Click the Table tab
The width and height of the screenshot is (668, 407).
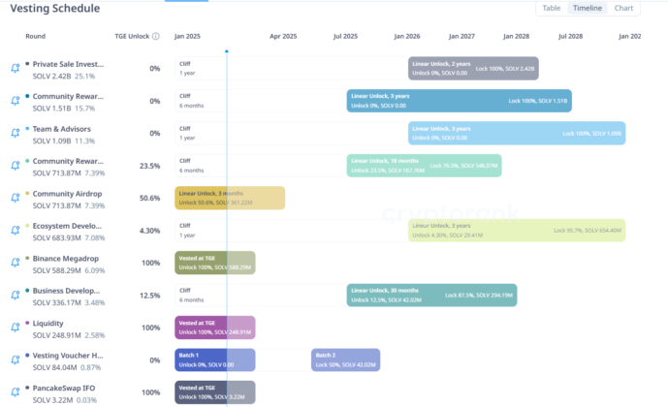pos(551,8)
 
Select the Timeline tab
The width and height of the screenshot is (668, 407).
pos(587,8)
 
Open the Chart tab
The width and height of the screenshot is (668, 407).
pos(623,8)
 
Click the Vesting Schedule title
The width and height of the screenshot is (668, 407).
pos(55,9)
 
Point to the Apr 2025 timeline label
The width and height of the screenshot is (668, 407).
pos(283,36)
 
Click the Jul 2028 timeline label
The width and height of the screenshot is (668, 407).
pos(570,36)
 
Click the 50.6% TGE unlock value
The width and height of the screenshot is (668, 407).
pos(149,198)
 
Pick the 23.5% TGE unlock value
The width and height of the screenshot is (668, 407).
pos(149,166)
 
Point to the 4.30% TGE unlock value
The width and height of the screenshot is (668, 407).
pos(149,231)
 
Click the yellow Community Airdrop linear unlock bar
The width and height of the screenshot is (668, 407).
pos(231,198)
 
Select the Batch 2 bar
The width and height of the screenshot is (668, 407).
pos(345,360)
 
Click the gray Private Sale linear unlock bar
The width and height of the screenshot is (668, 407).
pos(473,68)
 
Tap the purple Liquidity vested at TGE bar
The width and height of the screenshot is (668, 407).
pos(215,328)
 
